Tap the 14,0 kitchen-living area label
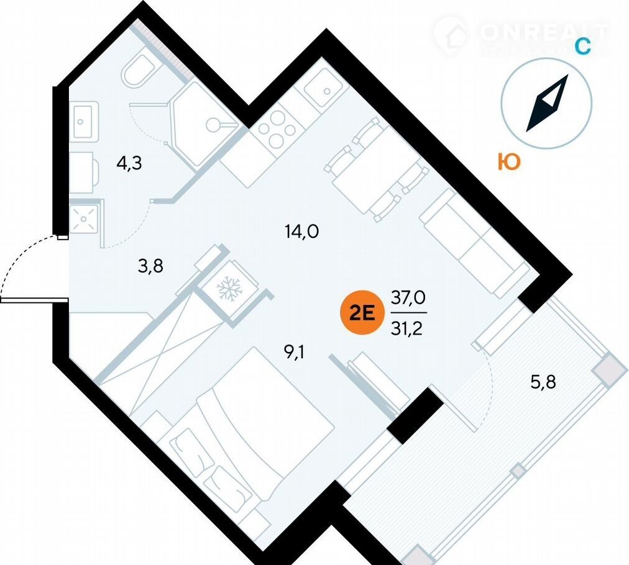point(301,232)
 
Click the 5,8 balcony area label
point(543,381)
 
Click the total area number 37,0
point(408,297)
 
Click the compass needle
point(548,103)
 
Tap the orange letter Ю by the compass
point(508,162)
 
